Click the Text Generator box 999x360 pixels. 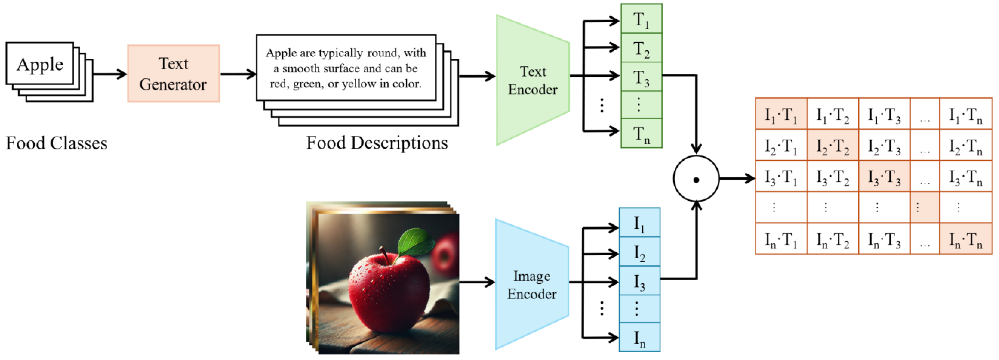pyautogui.click(x=173, y=74)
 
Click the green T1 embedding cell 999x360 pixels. pyautogui.click(x=641, y=19)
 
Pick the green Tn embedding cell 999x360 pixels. pyautogui.click(x=641, y=133)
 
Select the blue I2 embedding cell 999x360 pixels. pyautogui.click(x=639, y=252)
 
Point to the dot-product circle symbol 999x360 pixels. pyautogui.click(x=696, y=179)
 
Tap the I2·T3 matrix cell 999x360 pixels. pyautogui.click(x=884, y=145)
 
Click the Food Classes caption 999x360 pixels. pyautogui.click(x=56, y=143)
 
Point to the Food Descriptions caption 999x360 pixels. pyautogui.click(x=377, y=143)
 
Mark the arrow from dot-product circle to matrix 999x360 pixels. pyautogui.click(x=737, y=179)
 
